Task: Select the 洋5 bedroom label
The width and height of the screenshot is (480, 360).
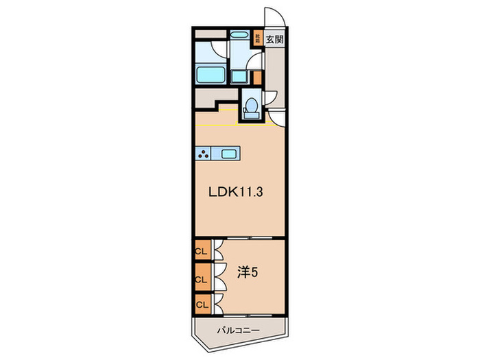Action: pyautogui.click(x=248, y=272)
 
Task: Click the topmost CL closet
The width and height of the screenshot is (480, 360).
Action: pyautogui.click(x=202, y=252)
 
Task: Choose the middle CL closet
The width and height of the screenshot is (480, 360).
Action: pyautogui.click(x=202, y=278)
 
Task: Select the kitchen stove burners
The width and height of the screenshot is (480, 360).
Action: pyautogui.click(x=205, y=154)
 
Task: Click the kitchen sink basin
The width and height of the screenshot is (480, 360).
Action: pyautogui.click(x=229, y=154)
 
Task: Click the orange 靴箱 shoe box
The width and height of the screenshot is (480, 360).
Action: pyautogui.click(x=258, y=39)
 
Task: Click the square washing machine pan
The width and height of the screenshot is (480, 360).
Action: pyautogui.click(x=239, y=76)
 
